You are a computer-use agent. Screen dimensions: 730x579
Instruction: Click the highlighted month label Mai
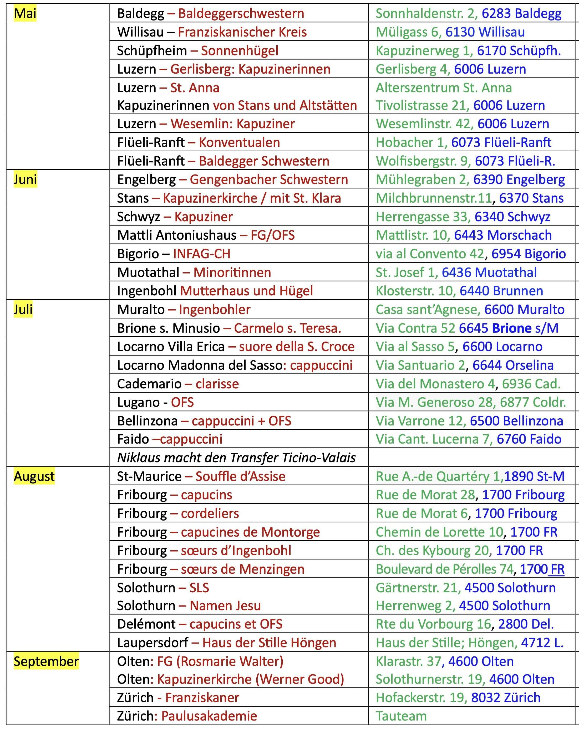pyautogui.click(x=25, y=14)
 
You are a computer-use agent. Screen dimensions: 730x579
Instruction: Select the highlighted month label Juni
pyautogui.click(x=25, y=179)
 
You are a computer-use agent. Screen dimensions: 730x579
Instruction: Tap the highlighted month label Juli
pyautogui.click(x=23, y=309)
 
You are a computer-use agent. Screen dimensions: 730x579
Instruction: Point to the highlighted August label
pyautogui.click(x=34, y=476)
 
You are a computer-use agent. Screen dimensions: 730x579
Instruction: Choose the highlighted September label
pyautogui.click(x=46, y=661)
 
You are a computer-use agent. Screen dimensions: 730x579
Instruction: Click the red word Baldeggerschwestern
pyautogui.click(x=241, y=14)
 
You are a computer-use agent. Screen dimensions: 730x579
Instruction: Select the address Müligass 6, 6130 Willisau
pyautogui.click(x=450, y=32)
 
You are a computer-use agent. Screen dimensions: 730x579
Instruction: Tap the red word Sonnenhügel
pyautogui.click(x=240, y=51)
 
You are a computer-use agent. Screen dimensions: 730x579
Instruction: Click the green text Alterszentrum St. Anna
pyautogui.click(x=444, y=88)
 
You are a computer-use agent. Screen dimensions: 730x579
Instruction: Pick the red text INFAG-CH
pyautogui.click(x=202, y=254)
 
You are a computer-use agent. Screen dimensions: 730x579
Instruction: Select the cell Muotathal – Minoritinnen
pyautogui.click(x=194, y=272)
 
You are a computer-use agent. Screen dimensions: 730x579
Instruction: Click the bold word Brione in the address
pyautogui.click(x=512, y=328)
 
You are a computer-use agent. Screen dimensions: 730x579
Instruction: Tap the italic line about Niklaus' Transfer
pyautogui.click(x=236, y=457)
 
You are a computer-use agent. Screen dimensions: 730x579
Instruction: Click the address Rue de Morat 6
pyautogui.click(x=421, y=513)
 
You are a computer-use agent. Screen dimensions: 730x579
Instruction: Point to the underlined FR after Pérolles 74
pyautogui.click(x=557, y=569)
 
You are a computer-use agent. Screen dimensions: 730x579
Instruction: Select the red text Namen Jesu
pyautogui.click(x=225, y=605)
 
